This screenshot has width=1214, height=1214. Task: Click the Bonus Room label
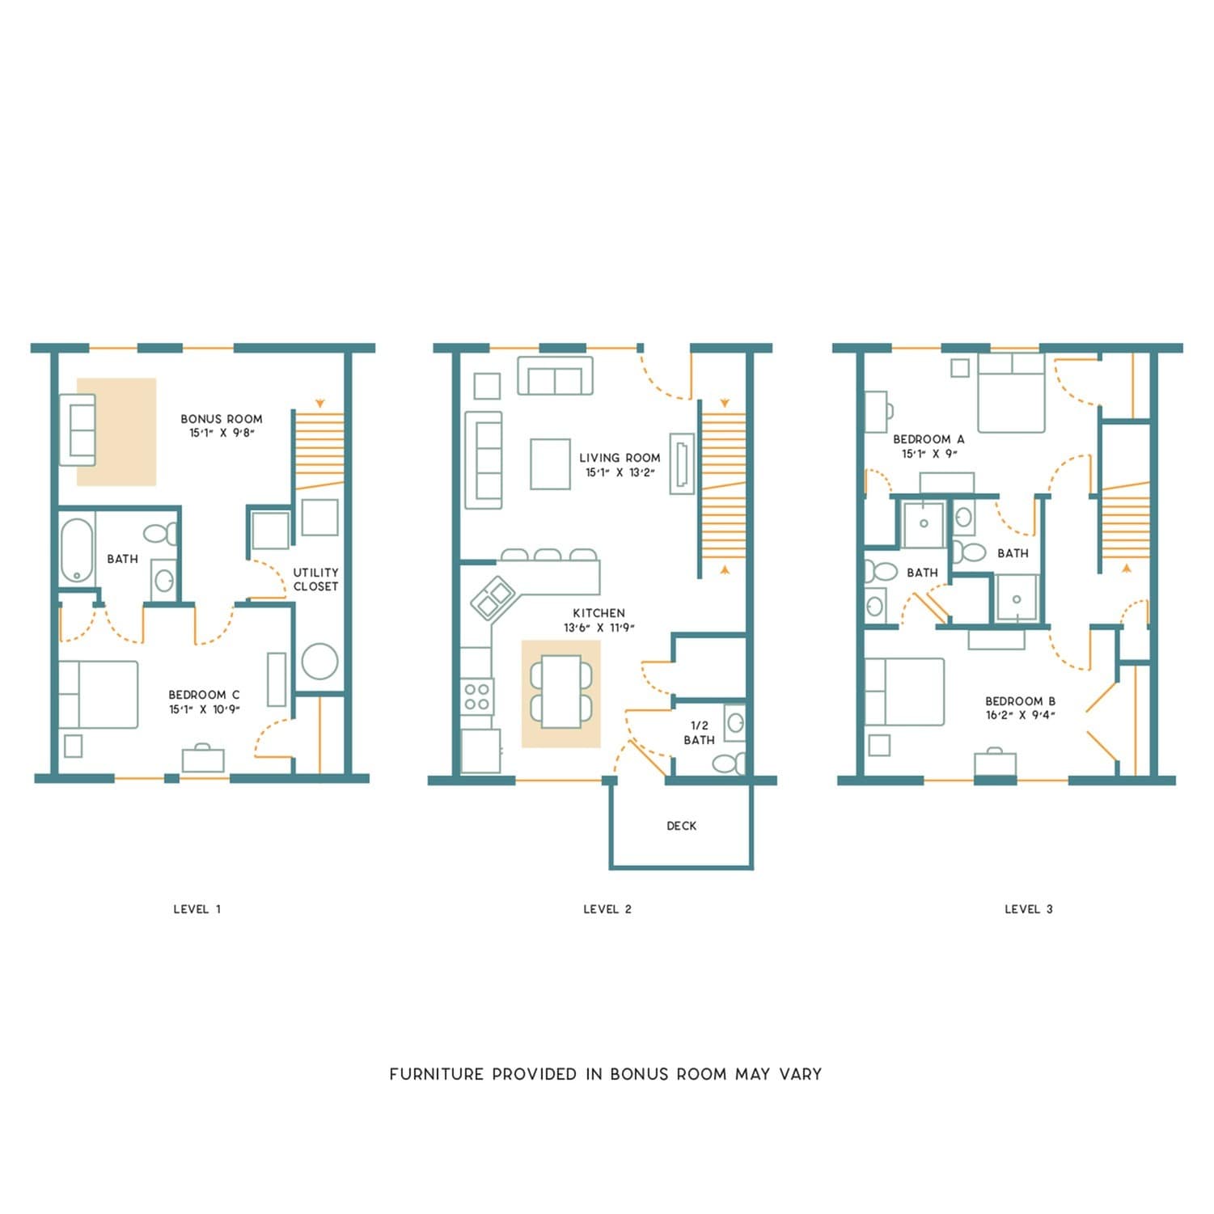[221, 419]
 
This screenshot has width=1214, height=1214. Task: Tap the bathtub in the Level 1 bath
[77, 550]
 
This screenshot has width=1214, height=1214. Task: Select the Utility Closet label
[315, 579]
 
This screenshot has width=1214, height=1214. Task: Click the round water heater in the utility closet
[319, 661]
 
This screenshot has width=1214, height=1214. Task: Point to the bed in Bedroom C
[98, 695]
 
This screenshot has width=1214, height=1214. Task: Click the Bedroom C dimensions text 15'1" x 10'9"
[204, 710]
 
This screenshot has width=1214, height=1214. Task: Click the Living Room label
[620, 458]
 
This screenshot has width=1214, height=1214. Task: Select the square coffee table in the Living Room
[550, 463]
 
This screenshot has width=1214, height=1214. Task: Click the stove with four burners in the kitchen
[476, 696]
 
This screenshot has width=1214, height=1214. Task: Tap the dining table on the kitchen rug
[560, 692]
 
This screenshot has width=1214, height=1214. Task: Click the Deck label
[681, 826]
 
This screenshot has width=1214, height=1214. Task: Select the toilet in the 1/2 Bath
[728, 763]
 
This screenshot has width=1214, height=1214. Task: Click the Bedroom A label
[928, 439]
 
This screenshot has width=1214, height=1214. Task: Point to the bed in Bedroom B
[904, 692]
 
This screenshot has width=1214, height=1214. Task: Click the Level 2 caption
[607, 909]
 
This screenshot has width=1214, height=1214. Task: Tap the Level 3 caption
[1028, 909]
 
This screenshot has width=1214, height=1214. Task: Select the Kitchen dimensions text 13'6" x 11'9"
[599, 628]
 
